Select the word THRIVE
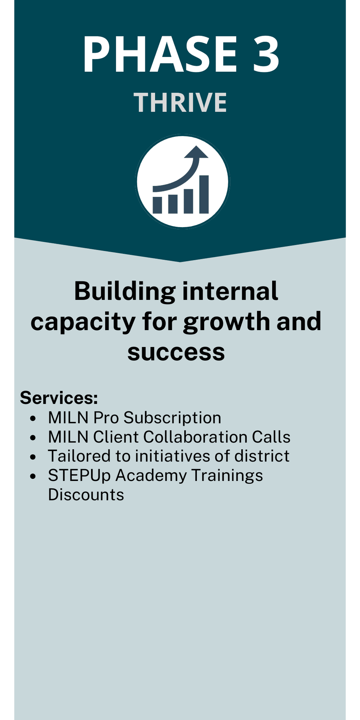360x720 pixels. pos(180,103)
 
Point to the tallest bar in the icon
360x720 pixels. pos(204,194)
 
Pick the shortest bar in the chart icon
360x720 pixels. pos(157,205)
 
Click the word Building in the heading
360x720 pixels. pos(125,291)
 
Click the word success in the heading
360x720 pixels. pos(176,352)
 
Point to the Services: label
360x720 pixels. pos(59,398)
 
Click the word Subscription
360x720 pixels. pos(172,418)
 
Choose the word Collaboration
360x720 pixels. pos(195,437)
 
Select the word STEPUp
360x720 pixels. pos(79,476)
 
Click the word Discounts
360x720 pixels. pos(86,495)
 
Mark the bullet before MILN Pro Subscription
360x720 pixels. pos(33,418)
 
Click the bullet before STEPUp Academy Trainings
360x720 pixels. pos(33,476)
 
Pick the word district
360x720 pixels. pos(262,456)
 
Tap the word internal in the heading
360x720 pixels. pos(230,291)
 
